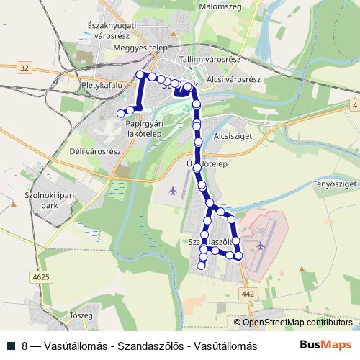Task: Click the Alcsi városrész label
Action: (x=233, y=79)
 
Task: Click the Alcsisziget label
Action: (x=230, y=134)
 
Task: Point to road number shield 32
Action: (x=25, y=68)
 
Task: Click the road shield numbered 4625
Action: (x=41, y=276)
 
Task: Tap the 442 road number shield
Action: (x=249, y=294)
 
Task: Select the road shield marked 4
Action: (x=354, y=106)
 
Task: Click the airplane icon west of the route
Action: (x=173, y=191)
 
